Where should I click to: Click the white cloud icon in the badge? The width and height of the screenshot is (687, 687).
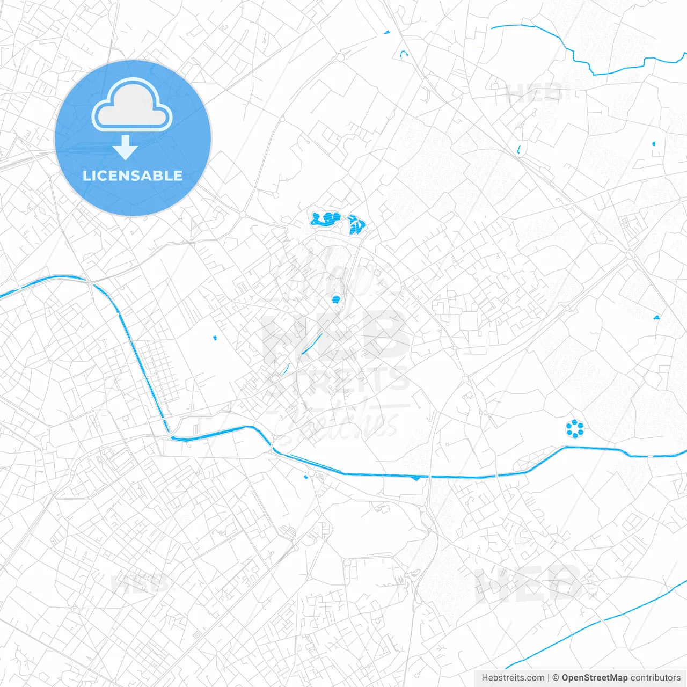click(132, 105)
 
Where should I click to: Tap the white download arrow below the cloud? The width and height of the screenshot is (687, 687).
click(126, 148)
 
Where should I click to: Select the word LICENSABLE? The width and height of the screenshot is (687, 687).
click(133, 176)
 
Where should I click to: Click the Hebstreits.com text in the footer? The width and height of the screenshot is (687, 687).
click(513, 678)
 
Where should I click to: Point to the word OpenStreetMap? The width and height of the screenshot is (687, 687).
click(594, 678)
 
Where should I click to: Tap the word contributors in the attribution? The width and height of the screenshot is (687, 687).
click(655, 678)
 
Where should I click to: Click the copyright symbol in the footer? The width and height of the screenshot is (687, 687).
click(556, 678)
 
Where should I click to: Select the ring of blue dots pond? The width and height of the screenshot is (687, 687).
click(575, 428)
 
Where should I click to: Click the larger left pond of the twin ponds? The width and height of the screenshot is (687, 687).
click(326, 219)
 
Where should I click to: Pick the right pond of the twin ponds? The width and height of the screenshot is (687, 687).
click(356, 224)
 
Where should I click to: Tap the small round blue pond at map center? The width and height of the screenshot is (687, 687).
click(336, 299)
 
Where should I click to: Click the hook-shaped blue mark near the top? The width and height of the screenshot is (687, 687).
click(404, 54)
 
